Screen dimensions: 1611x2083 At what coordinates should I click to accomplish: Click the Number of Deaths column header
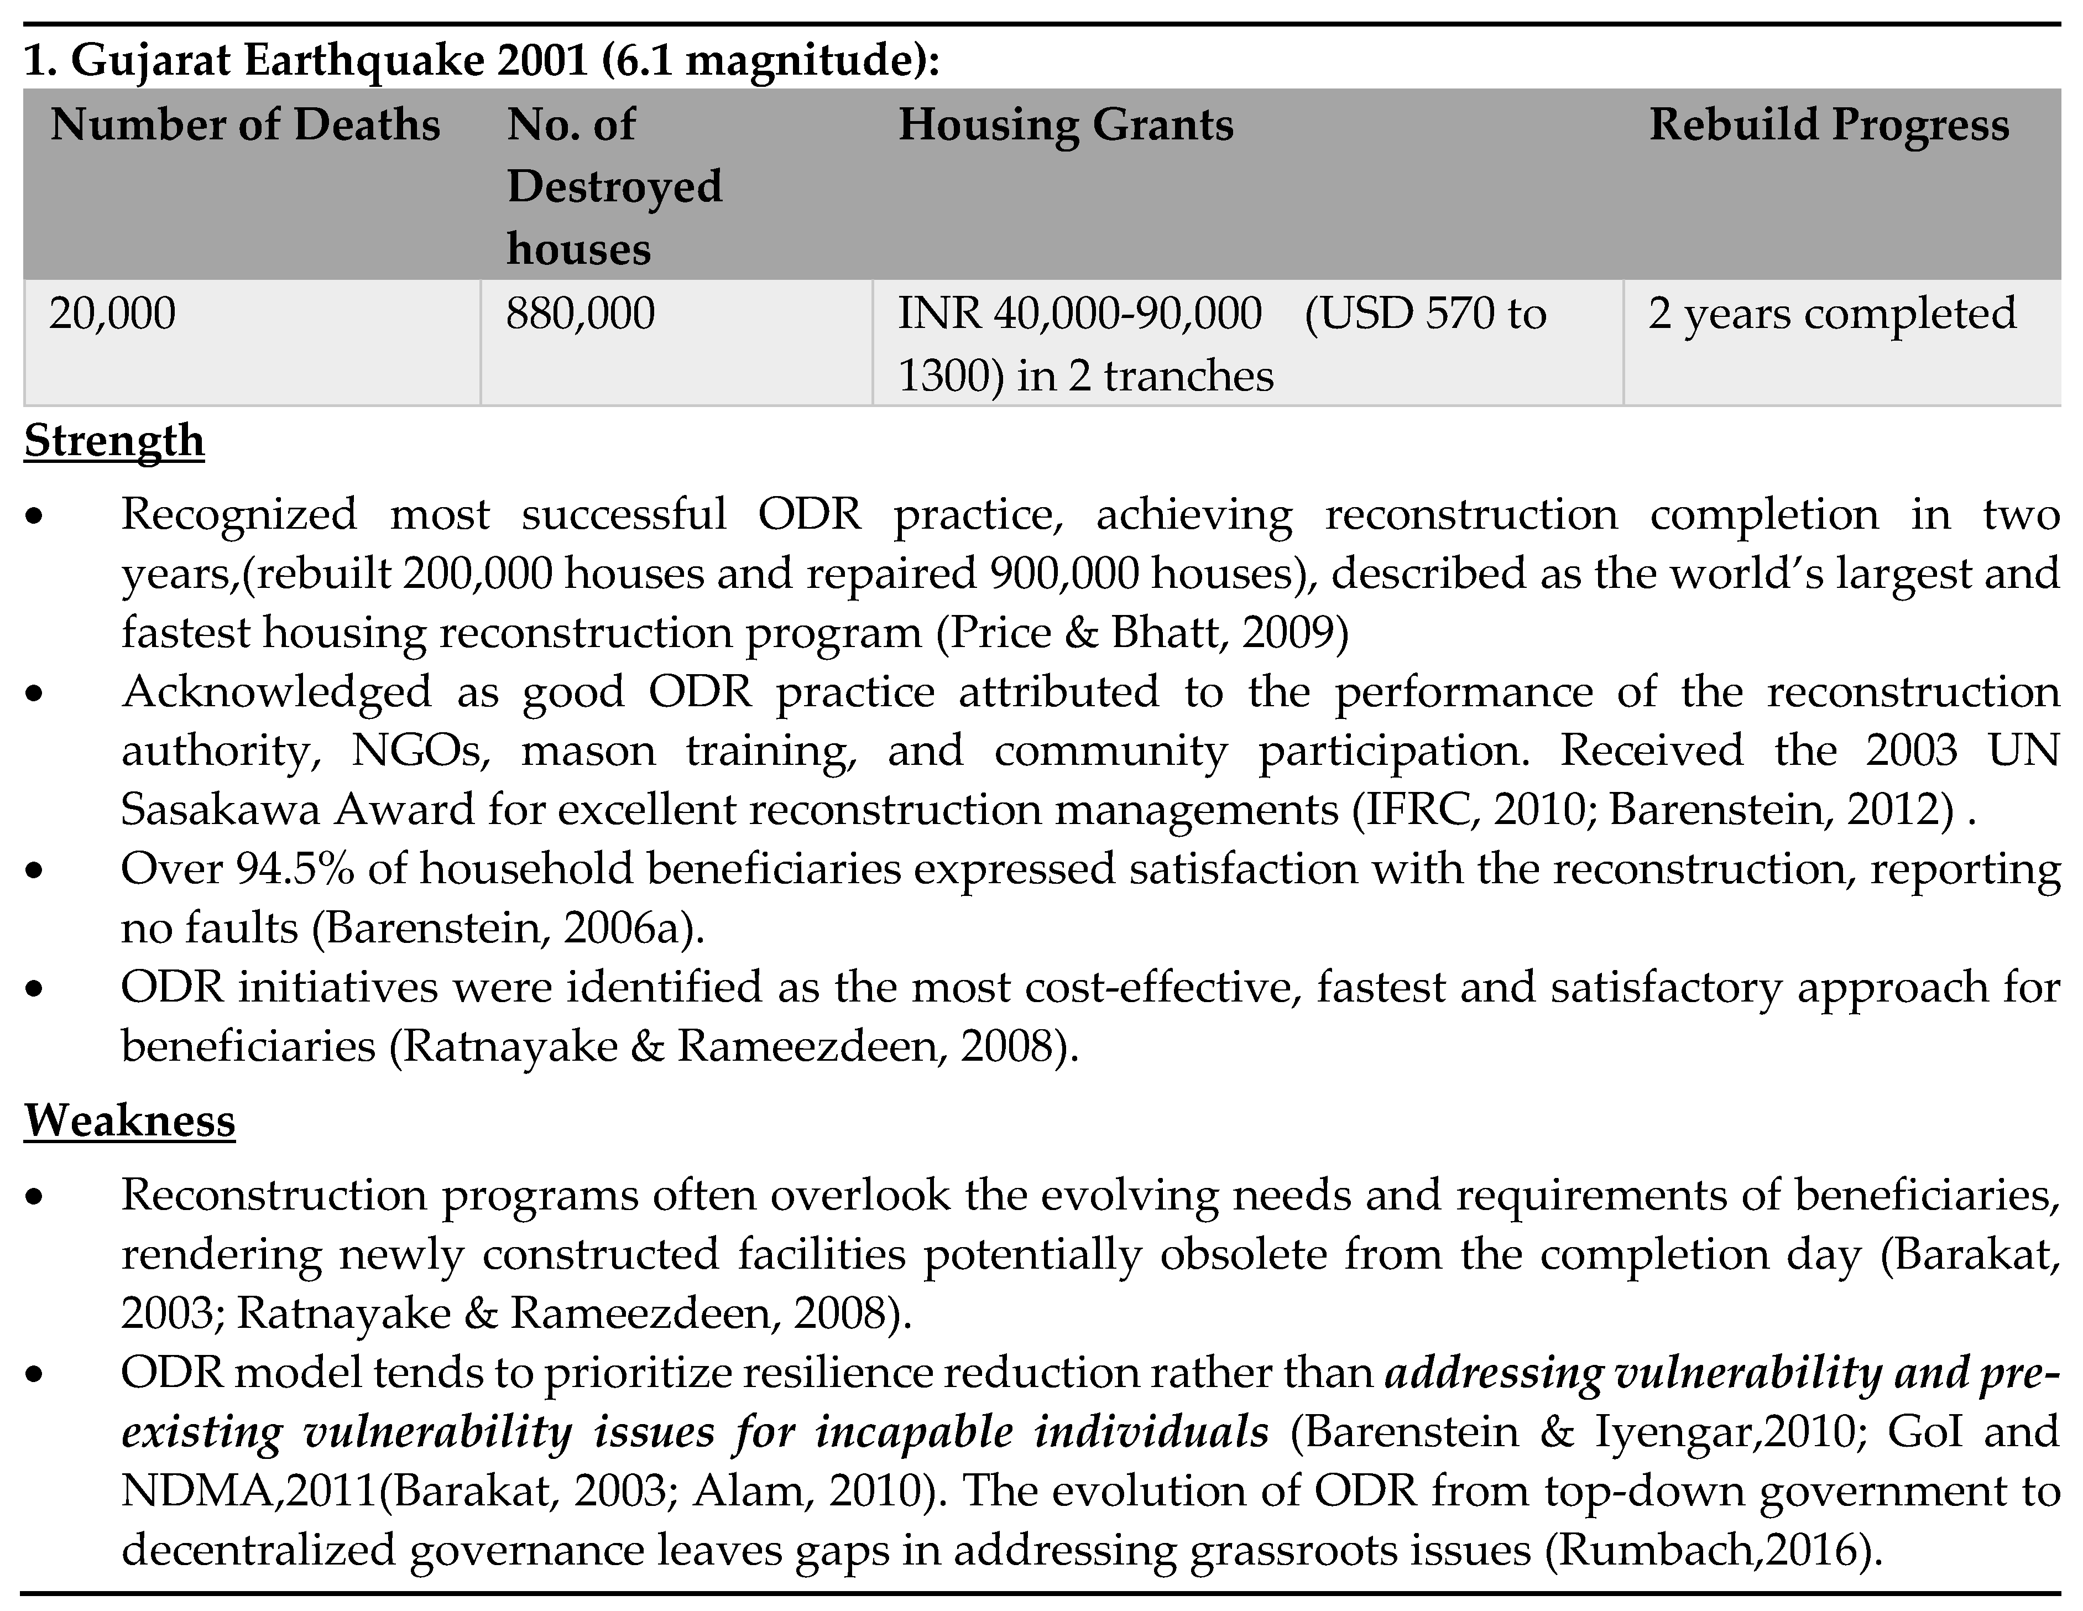[245, 125]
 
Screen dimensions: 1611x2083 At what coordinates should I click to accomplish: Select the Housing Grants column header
[1066, 125]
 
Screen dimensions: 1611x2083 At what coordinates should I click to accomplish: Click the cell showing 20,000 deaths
[113, 314]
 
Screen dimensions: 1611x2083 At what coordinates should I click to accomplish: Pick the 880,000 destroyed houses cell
[580, 314]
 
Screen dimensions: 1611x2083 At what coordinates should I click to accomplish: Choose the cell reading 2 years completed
[1831, 314]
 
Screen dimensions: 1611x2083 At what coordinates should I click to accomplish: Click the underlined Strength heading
[114, 441]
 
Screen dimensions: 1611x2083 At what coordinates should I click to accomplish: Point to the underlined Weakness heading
[130, 1120]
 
